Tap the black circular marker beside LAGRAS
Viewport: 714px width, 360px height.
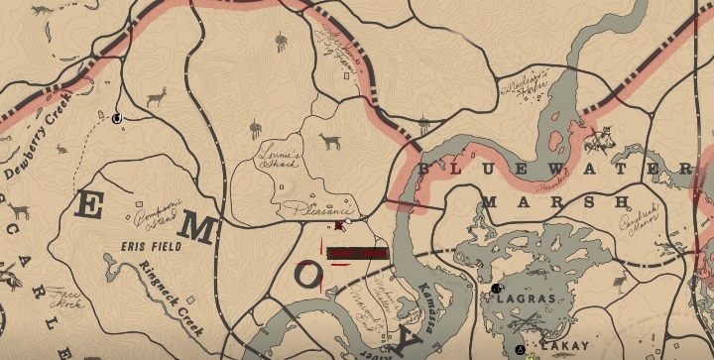495,289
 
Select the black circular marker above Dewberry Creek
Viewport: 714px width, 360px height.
117,119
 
